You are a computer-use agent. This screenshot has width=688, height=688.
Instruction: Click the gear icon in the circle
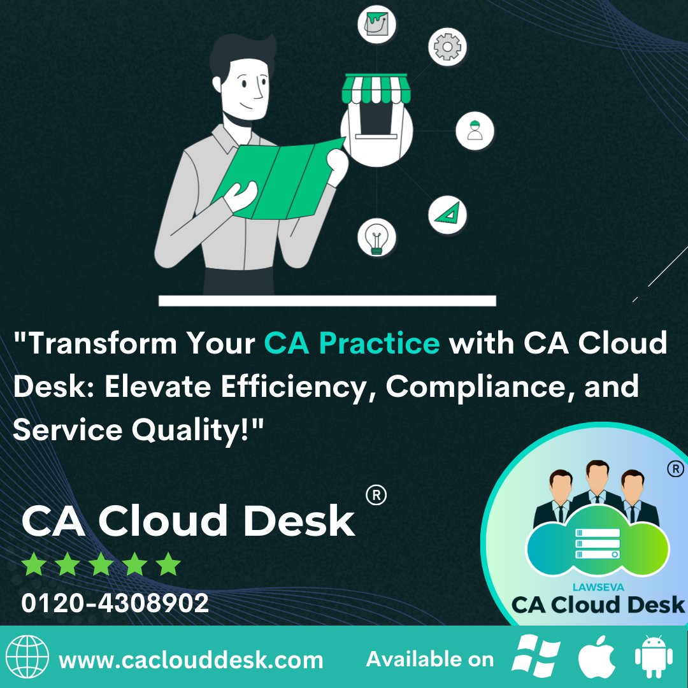tap(447, 46)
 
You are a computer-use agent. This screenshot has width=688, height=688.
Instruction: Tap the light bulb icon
tap(376, 238)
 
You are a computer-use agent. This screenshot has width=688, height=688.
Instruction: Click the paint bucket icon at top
tap(376, 24)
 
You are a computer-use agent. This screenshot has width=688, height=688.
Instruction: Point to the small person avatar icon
tap(475, 131)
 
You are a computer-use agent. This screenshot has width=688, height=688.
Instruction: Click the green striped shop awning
tap(375, 90)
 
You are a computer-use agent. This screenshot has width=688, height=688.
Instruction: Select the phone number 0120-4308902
tap(115, 603)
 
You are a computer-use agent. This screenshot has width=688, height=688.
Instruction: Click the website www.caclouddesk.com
tap(191, 659)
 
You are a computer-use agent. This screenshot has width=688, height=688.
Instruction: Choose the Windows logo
tap(536, 657)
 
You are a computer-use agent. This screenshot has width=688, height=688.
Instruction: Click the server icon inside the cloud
tap(597, 543)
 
